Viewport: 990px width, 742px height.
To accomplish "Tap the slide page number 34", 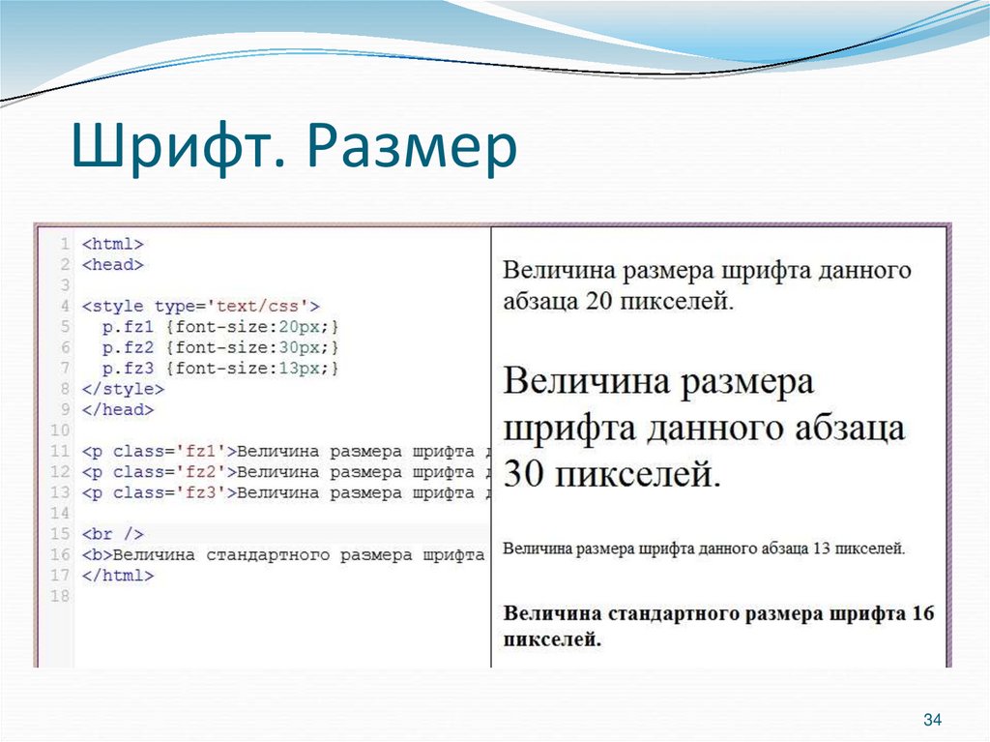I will (932, 720).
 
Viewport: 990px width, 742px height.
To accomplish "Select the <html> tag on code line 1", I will (112, 244).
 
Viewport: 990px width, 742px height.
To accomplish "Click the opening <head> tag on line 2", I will (112, 264).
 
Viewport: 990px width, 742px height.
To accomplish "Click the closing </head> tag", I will (117, 409).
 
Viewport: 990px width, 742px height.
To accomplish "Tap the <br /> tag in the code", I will (112, 534).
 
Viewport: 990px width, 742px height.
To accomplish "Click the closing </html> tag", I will (117, 575).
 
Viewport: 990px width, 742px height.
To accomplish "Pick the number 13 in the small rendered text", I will (823, 549).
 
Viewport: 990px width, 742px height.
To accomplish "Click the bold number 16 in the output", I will (923, 612).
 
